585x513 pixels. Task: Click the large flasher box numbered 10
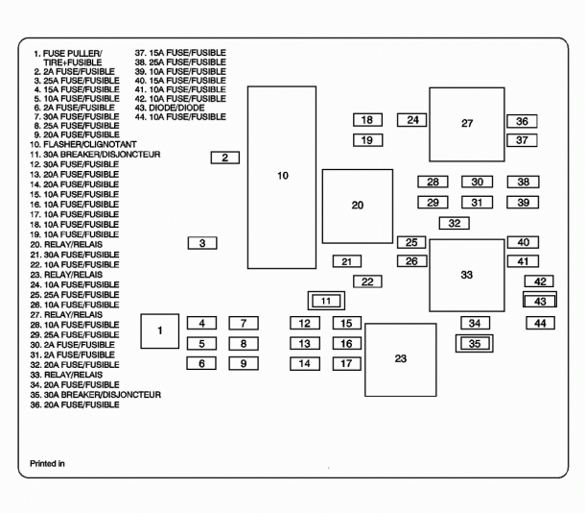[x=282, y=178]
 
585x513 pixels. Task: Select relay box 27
[x=467, y=125]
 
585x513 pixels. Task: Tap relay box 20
[x=358, y=207]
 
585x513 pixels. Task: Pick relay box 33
[x=467, y=276]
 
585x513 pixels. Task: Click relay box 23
[x=400, y=359]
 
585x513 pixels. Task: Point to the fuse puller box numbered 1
[x=160, y=331]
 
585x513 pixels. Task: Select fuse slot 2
[x=225, y=158]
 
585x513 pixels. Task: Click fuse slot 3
[x=202, y=243]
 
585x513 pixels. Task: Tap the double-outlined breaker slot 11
[x=326, y=301]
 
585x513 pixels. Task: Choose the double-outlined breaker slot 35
[x=474, y=343]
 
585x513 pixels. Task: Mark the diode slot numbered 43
[x=540, y=301]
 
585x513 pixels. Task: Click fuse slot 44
[x=540, y=323]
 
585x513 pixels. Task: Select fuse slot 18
[x=367, y=120]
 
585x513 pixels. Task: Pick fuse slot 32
[x=454, y=224]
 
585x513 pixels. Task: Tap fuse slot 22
[x=367, y=281]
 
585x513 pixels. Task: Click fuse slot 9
[x=244, y=363]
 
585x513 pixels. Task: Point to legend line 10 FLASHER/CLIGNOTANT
[x=83, y=144]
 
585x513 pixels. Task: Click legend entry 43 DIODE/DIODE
[x=170, y=108]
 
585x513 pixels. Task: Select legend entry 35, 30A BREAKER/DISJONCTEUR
[x=96, y=395]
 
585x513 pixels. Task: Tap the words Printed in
[x=47, y=464]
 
